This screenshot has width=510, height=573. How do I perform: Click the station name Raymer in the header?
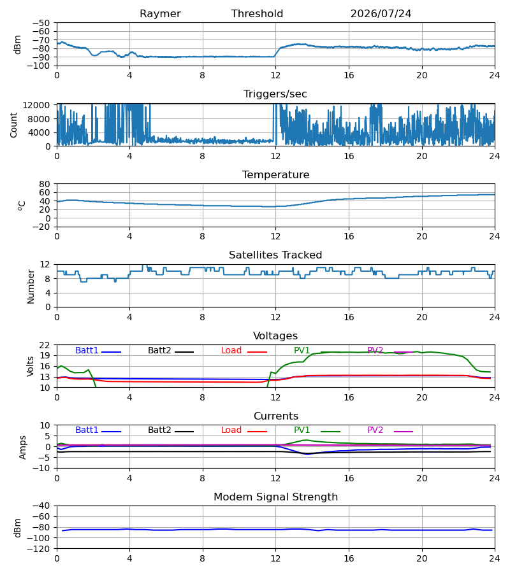[x=160, y=14]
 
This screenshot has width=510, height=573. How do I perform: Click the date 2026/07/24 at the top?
[x=381, y=13]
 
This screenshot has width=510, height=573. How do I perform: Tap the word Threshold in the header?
[x=257, y=13]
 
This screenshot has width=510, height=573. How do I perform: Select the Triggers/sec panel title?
[x=275, y=94]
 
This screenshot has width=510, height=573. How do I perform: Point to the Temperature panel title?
[x=275, y=174]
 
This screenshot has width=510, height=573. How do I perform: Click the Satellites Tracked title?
[x=275, y=255]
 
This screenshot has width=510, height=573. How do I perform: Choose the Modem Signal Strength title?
[x=275, y=497]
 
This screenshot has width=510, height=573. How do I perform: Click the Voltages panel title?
[x=275, y=336]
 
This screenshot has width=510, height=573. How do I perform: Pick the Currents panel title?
[x=276, y=416]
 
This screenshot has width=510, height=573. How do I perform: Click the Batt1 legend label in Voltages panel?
[x=87, y=350]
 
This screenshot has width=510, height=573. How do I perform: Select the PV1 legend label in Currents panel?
[x=302, y=430]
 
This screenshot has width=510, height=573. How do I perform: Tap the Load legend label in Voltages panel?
[x=231, y=350]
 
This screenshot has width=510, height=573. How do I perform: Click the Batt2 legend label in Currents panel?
[x=159, y=430]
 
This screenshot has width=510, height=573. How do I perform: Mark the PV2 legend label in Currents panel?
[x=375, y=430]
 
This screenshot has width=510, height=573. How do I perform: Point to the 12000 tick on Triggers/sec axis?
[x=36, y=105]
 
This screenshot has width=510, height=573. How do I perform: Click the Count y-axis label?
[x=14, y=125]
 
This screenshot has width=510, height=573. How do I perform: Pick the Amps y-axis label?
[x=23, y=448]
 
